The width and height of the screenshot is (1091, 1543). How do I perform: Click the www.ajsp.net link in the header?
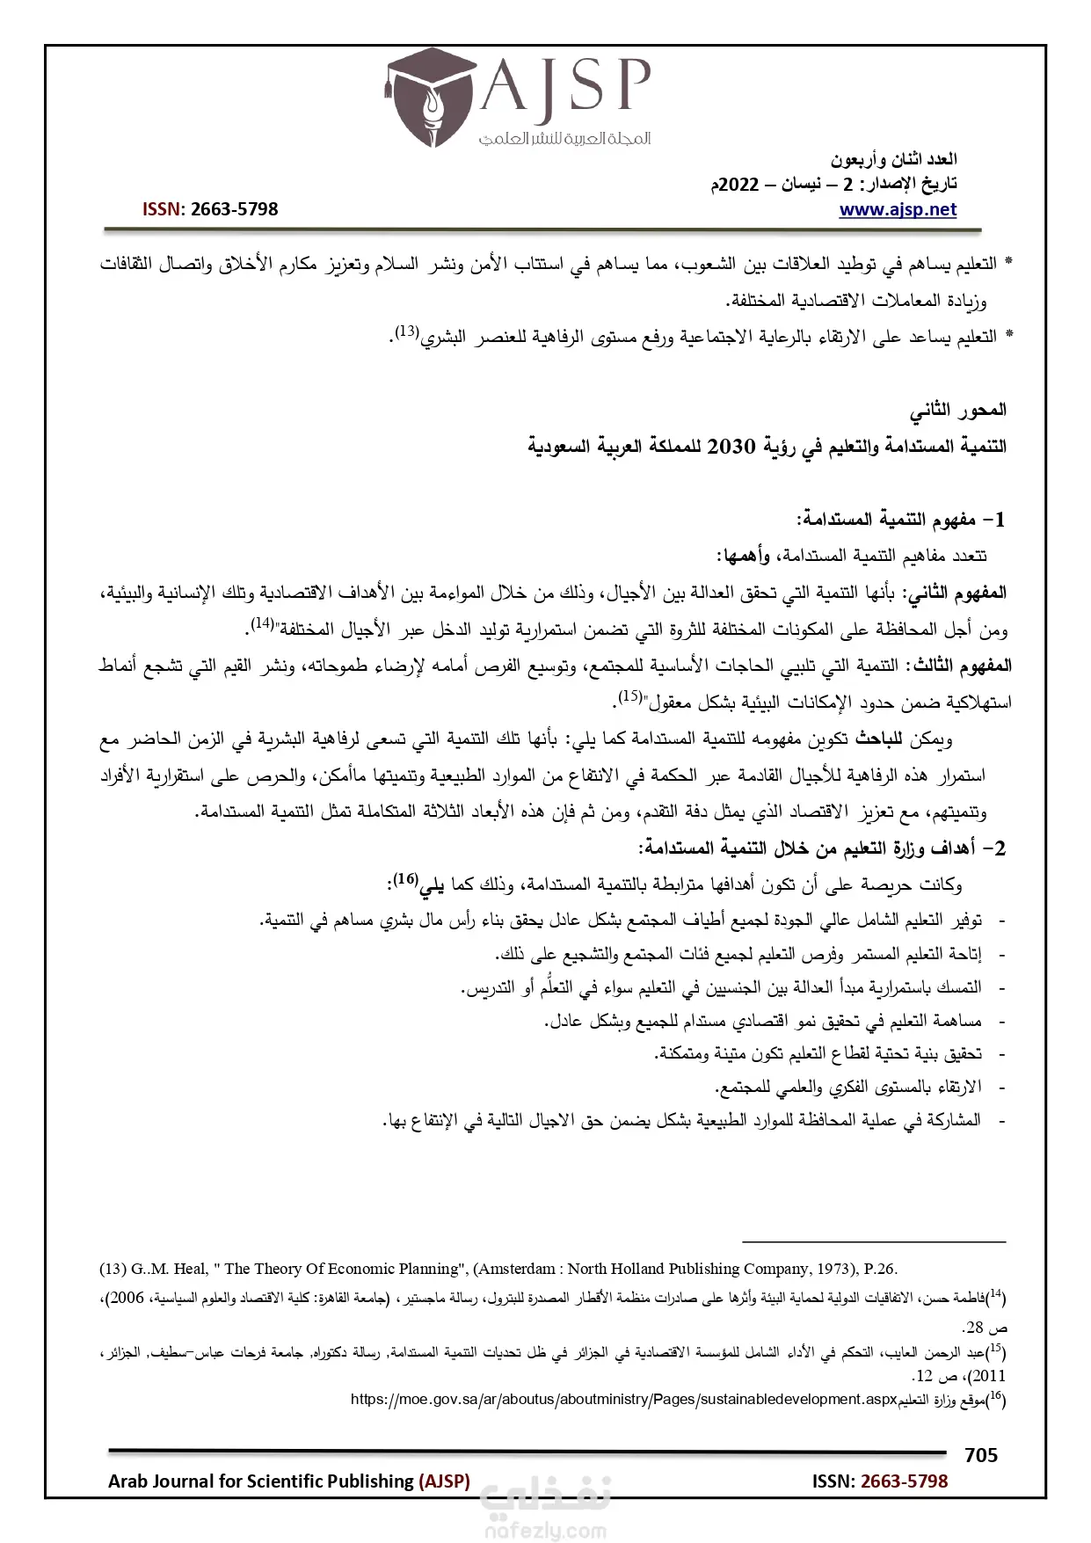[x=898, y=209]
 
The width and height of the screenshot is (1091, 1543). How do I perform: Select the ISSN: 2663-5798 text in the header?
[x=210, y=209]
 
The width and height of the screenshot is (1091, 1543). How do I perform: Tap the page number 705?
[x=980, y=1455]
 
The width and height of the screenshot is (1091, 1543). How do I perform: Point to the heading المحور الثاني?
[x=958, y=410]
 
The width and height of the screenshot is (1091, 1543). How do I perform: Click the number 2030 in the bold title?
[x=731, y=447]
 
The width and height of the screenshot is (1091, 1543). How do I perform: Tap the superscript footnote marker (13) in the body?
[x=405, y=332]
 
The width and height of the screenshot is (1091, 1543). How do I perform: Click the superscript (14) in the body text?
[x=262, y=623]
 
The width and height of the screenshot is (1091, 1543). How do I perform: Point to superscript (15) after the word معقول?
[x=629, y=696]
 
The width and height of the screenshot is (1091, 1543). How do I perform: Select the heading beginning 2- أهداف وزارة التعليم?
[x=822, y=848]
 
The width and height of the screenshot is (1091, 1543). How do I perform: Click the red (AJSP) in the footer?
[x=445, y=1481]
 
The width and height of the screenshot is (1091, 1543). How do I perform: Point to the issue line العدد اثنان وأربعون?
[x=894, y=160]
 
